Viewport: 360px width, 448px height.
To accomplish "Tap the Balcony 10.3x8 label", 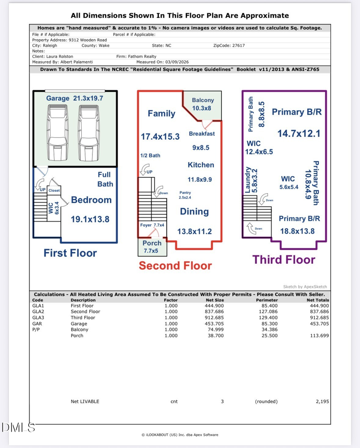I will pyautogui.click(x=203, y=104).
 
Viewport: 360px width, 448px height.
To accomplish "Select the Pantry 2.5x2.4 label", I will pyautogui.click(x=185, y=195).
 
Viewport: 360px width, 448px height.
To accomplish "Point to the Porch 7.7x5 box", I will pyautogui.click(x=152, y=247).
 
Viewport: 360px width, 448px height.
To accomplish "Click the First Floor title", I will pyautogui.click(x=70, y=253).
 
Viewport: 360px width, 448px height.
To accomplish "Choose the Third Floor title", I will pyautogui.click(x=284, y=259).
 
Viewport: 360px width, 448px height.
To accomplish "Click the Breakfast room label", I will pyautogui.click(x=202, y=134).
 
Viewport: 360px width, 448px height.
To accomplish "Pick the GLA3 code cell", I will pyautogui.click(x=38, y=318).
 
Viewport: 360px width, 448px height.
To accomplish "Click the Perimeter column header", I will pyautogui.click(x=266, y=300).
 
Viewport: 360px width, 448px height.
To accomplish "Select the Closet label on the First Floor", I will pyautogui.click(x=54, y=191).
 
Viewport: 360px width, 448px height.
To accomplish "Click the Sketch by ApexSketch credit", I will pyautogui.click(x=305, y=287).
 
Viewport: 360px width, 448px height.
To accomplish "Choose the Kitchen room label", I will pyautogui.click(x=201, y=165).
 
